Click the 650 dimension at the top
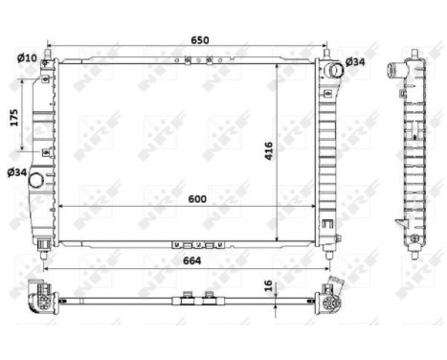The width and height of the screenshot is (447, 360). coord(199,41)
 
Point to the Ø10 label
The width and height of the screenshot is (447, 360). coord(26,57)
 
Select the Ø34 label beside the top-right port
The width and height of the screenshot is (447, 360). coord(355,62)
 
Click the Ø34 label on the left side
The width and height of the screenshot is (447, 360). coord(16,172)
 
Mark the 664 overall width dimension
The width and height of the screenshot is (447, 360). coord(189,256)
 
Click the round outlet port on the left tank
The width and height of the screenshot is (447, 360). coord(37,179)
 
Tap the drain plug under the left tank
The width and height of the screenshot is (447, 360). coord(45,248)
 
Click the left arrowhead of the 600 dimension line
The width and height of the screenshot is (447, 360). coord(62,206)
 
